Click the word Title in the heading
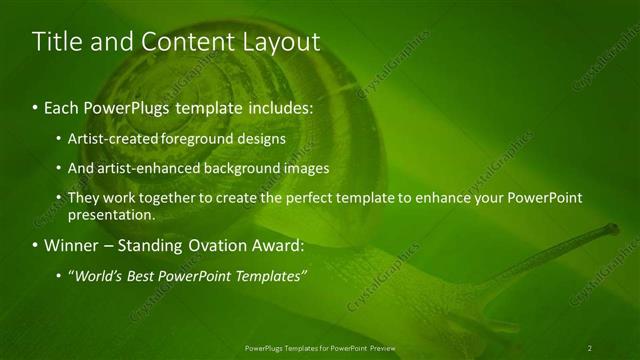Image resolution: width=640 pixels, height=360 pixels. (x=56, y=42)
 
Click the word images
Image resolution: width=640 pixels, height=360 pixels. (x=294, y=168)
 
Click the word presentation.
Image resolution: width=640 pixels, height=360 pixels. (x=111, y=214)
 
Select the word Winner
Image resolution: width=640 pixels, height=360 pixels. (x=71, y=244)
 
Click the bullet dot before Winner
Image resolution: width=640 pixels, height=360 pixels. (x=36, y=245)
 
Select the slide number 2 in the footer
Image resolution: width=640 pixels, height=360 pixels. (x=590, y=348)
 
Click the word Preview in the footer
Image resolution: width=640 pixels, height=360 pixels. (x=382, y=348)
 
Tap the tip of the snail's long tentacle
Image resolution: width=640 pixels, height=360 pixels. (x=614, y=229)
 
